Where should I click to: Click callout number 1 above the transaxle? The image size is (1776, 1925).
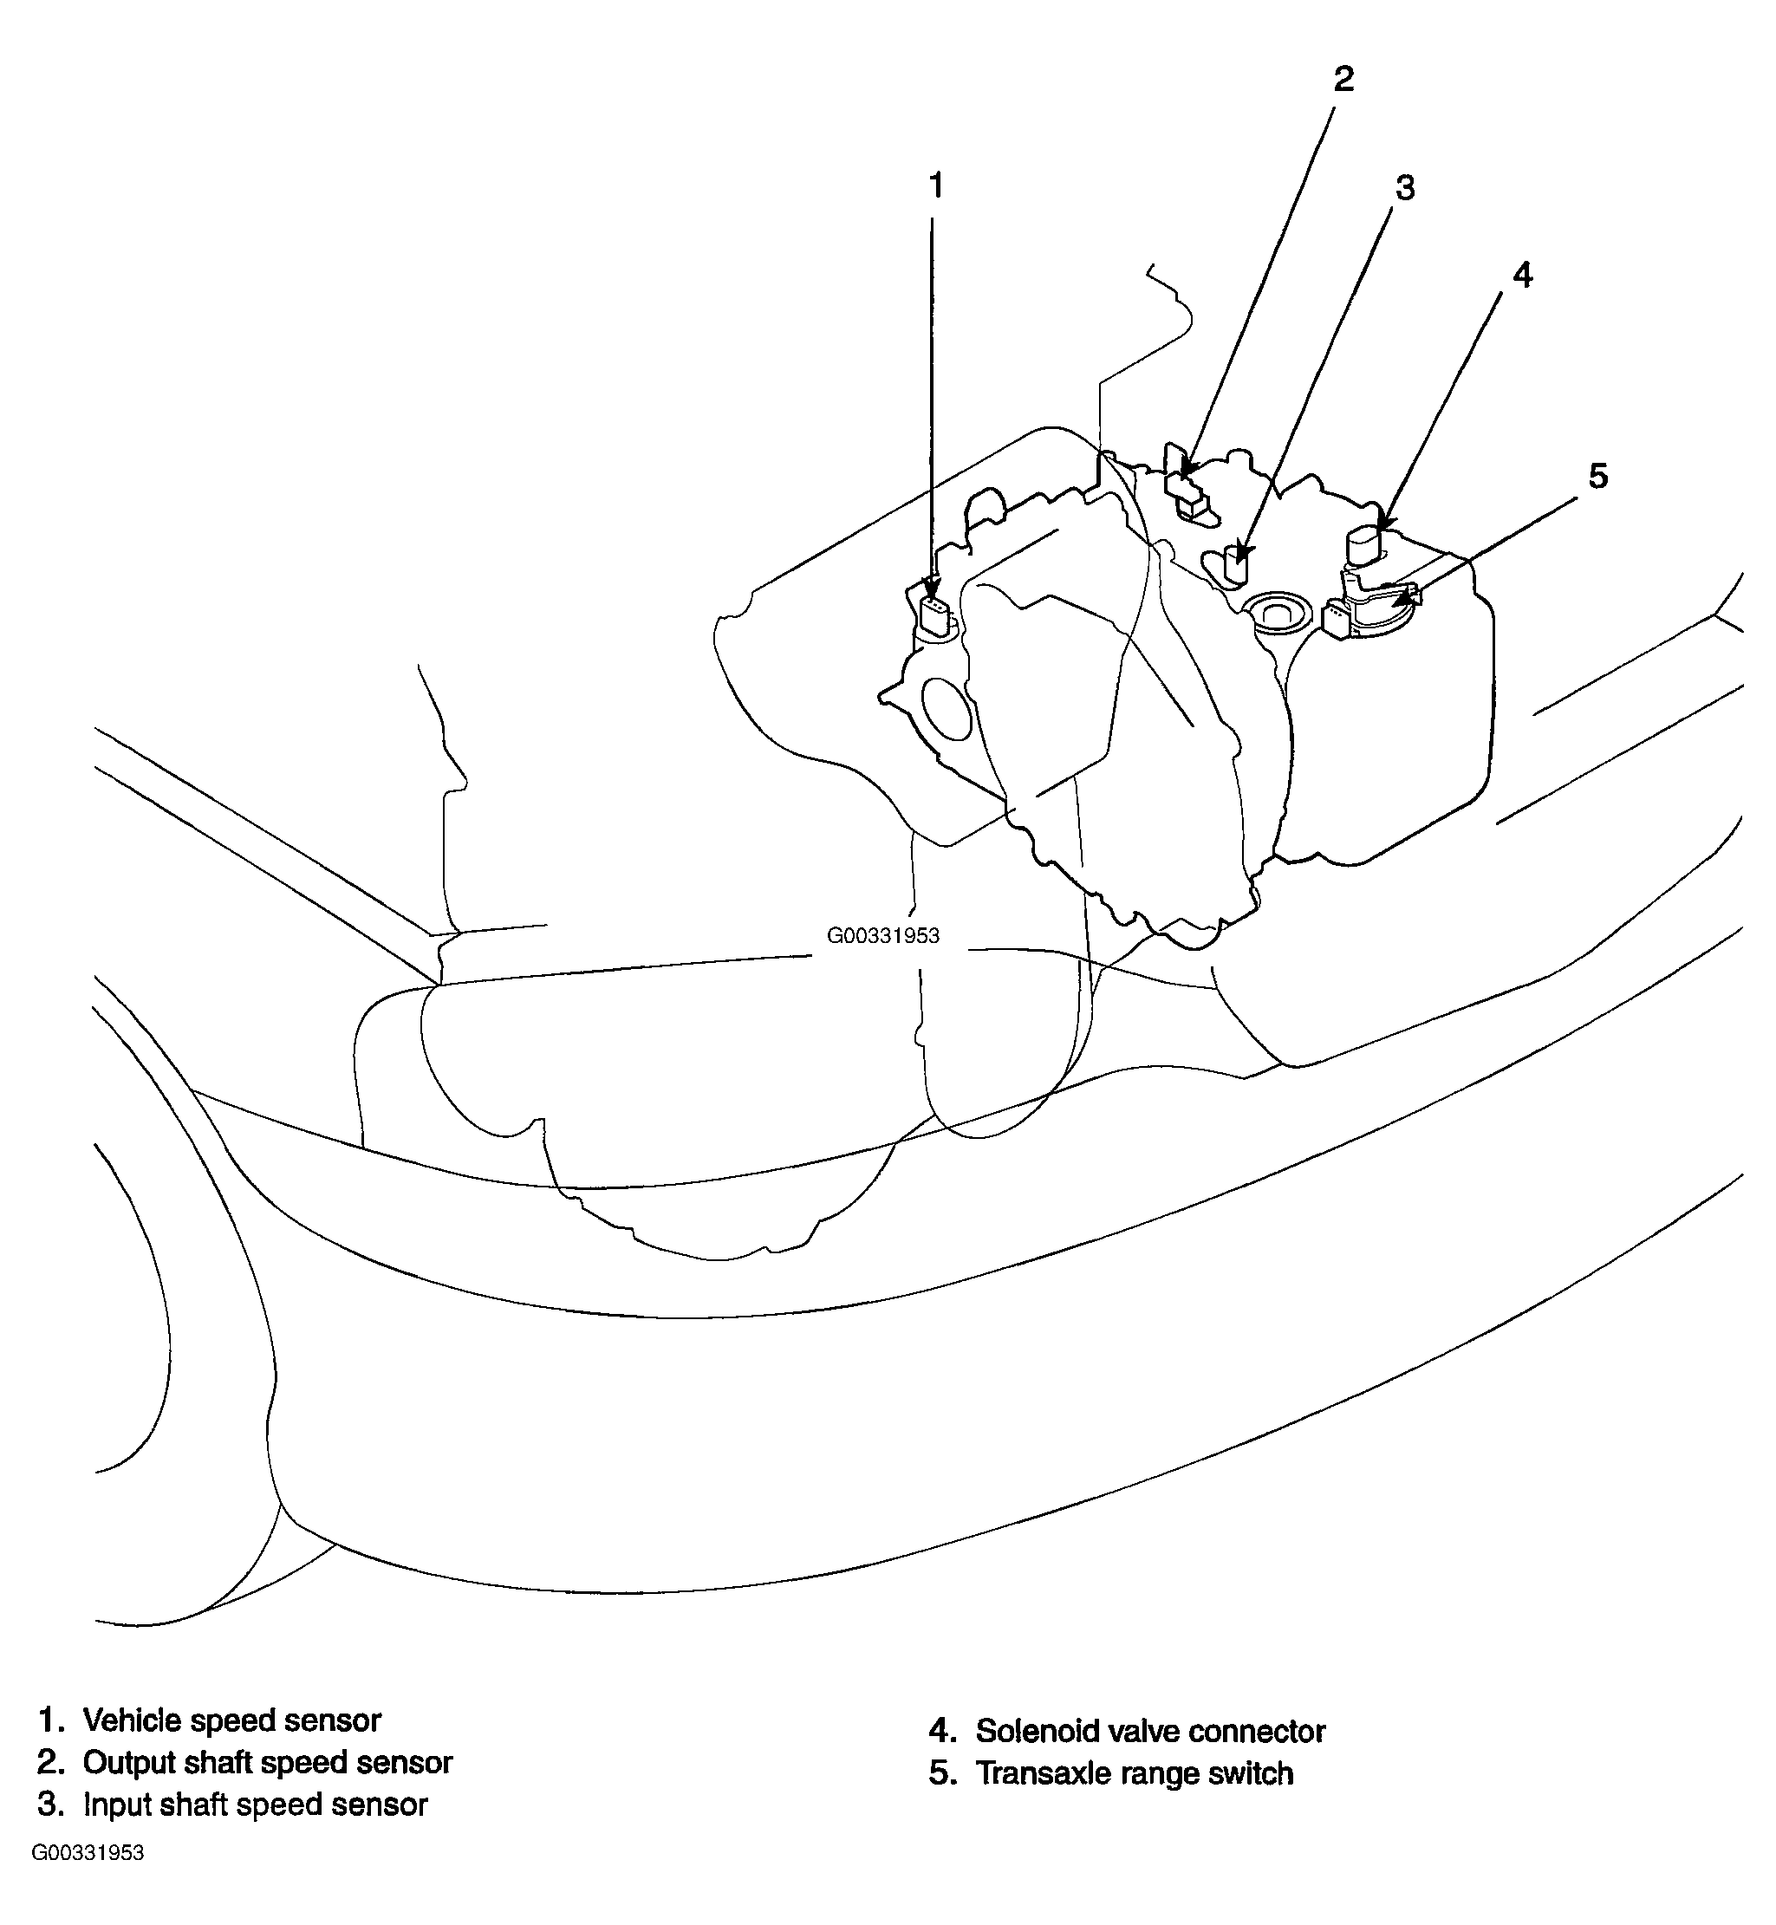(936, 185)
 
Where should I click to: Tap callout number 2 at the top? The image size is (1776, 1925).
(1343, 79)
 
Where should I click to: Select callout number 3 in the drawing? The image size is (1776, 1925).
(1405, 188)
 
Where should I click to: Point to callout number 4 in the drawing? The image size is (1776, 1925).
(1523, 275)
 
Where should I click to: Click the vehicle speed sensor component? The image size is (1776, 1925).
(936, 615)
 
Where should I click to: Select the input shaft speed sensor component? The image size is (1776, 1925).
(1235, 565)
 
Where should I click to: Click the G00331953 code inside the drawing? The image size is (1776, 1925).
(883, 935)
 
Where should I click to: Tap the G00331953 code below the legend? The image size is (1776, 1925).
(88, 1880)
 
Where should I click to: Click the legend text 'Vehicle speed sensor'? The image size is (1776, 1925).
(231, 1720)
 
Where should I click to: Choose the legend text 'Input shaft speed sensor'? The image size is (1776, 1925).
(255, 1804)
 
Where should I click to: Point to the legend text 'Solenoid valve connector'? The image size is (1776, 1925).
(1150, 1731)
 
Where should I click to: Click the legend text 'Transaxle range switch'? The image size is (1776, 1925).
(1134, 1773)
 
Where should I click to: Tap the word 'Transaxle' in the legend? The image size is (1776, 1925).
(1042, 1773)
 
